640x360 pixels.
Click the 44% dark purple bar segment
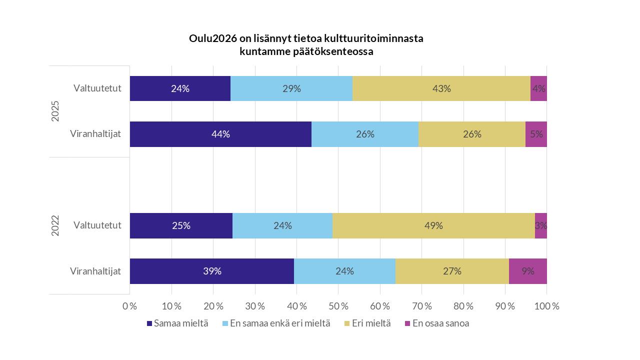[220, 134]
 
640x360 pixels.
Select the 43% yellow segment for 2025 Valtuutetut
[441, 88]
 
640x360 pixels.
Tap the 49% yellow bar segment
[433, 225]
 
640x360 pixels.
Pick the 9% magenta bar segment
[527, 271]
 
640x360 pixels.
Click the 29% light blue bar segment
[291, 88]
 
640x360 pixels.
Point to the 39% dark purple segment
[212, 271]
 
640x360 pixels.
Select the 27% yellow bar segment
[452, 271]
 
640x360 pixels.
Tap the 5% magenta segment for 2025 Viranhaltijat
[536, 134]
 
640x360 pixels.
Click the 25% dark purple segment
[181, 225]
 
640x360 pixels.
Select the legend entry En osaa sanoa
[436, 323]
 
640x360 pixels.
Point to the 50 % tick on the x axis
[338, 306]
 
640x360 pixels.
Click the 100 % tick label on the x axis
[546, 306]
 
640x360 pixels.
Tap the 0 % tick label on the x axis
[130, 306]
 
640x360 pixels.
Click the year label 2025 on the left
[55, 111]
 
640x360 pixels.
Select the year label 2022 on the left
[55, 226]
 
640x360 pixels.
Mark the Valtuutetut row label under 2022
[97, 225]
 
